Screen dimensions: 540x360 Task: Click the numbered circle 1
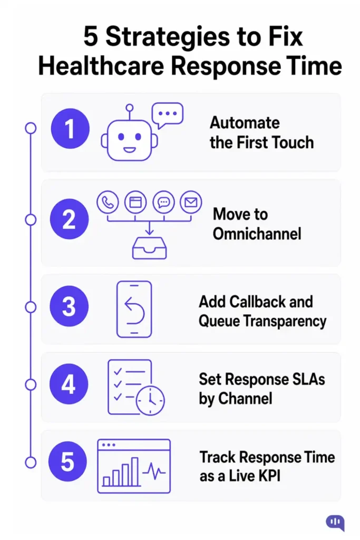69,129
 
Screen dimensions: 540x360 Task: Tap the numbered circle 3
69,306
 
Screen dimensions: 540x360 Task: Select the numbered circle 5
68,462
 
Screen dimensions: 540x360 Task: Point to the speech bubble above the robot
167,114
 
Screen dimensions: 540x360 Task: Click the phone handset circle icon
108,202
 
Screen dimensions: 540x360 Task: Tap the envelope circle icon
190,202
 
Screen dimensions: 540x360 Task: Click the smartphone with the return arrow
133,308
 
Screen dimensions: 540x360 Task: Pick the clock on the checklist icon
150,401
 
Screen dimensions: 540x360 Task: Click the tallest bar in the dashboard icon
135,470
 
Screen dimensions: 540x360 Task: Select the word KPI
269,477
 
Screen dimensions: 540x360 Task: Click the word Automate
245,122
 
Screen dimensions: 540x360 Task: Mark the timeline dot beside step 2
31,219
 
